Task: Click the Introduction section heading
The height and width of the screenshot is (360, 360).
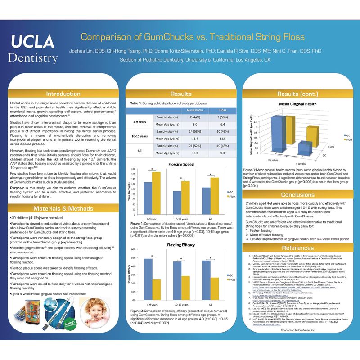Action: [63, 94]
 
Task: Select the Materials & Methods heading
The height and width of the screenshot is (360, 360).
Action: [63, 208]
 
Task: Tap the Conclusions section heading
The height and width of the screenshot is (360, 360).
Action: [297, 194]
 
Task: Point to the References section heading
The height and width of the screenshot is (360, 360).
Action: [297, 248]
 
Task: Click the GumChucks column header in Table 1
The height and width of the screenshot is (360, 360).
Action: [194, 110]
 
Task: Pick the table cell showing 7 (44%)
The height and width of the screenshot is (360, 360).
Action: [194, 117]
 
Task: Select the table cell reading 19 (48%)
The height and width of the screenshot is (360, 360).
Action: [222, 147]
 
